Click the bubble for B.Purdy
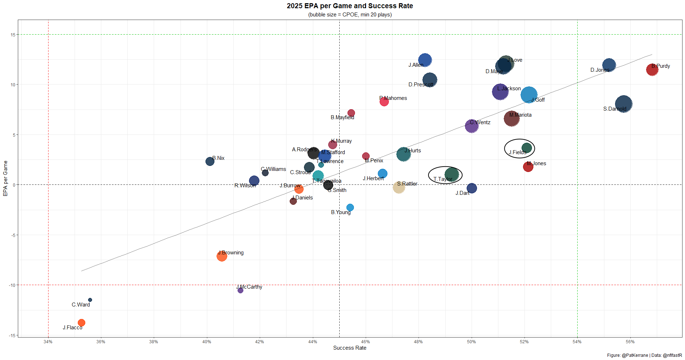point(652,70)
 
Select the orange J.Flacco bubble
point(81,323)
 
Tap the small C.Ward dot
point(90,300)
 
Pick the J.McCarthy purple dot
point(240,290)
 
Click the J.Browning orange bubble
point(222,256)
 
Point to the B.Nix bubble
point(210,161)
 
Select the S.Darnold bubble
point(624,104)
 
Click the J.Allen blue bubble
point(425,60)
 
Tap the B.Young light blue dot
point(350,208)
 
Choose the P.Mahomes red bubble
point(384,102)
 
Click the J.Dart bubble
point(472,188)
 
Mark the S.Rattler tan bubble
point(399,187)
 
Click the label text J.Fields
point(517,152)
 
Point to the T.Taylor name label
point(442,179)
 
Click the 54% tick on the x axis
point(577,342)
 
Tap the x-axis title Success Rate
point(350,348)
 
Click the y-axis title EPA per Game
point(5,178)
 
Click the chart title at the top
point(350,6)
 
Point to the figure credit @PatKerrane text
point(635,355)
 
